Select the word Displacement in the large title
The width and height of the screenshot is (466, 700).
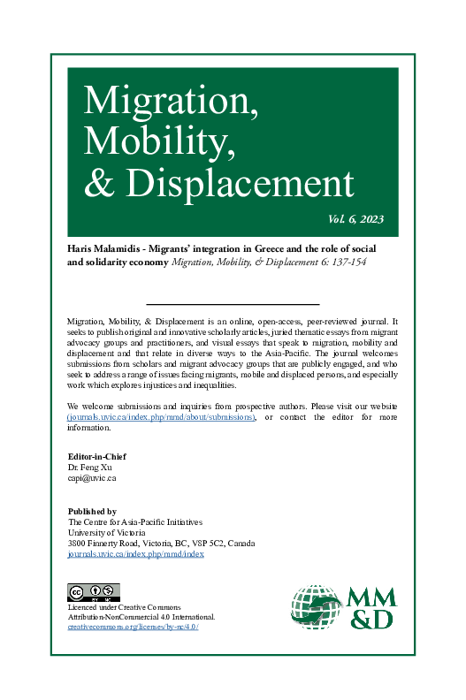coord(240,181)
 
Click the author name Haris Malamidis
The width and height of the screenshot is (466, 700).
coord(105,249)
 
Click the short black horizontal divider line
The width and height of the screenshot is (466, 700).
coord(233,303)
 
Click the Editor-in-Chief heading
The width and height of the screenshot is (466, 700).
coord(96,456)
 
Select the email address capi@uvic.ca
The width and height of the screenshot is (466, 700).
coord(92,477)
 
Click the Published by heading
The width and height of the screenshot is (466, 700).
coord(92,511)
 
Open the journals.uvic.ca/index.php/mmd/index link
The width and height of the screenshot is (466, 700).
coord(136,553)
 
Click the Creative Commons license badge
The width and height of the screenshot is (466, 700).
coord(94,591)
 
